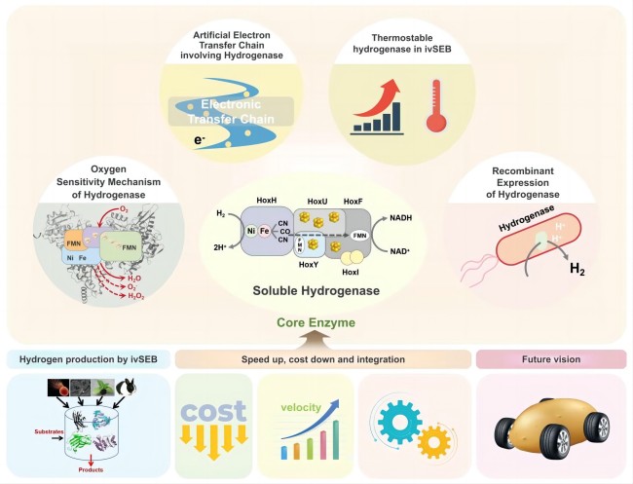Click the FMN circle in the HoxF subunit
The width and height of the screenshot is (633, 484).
coord(358,236)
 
